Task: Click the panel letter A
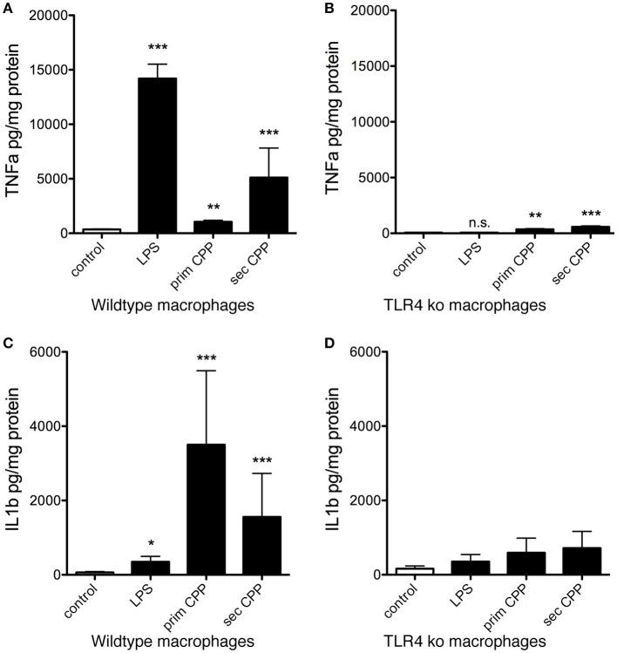8,10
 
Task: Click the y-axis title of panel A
15,122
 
